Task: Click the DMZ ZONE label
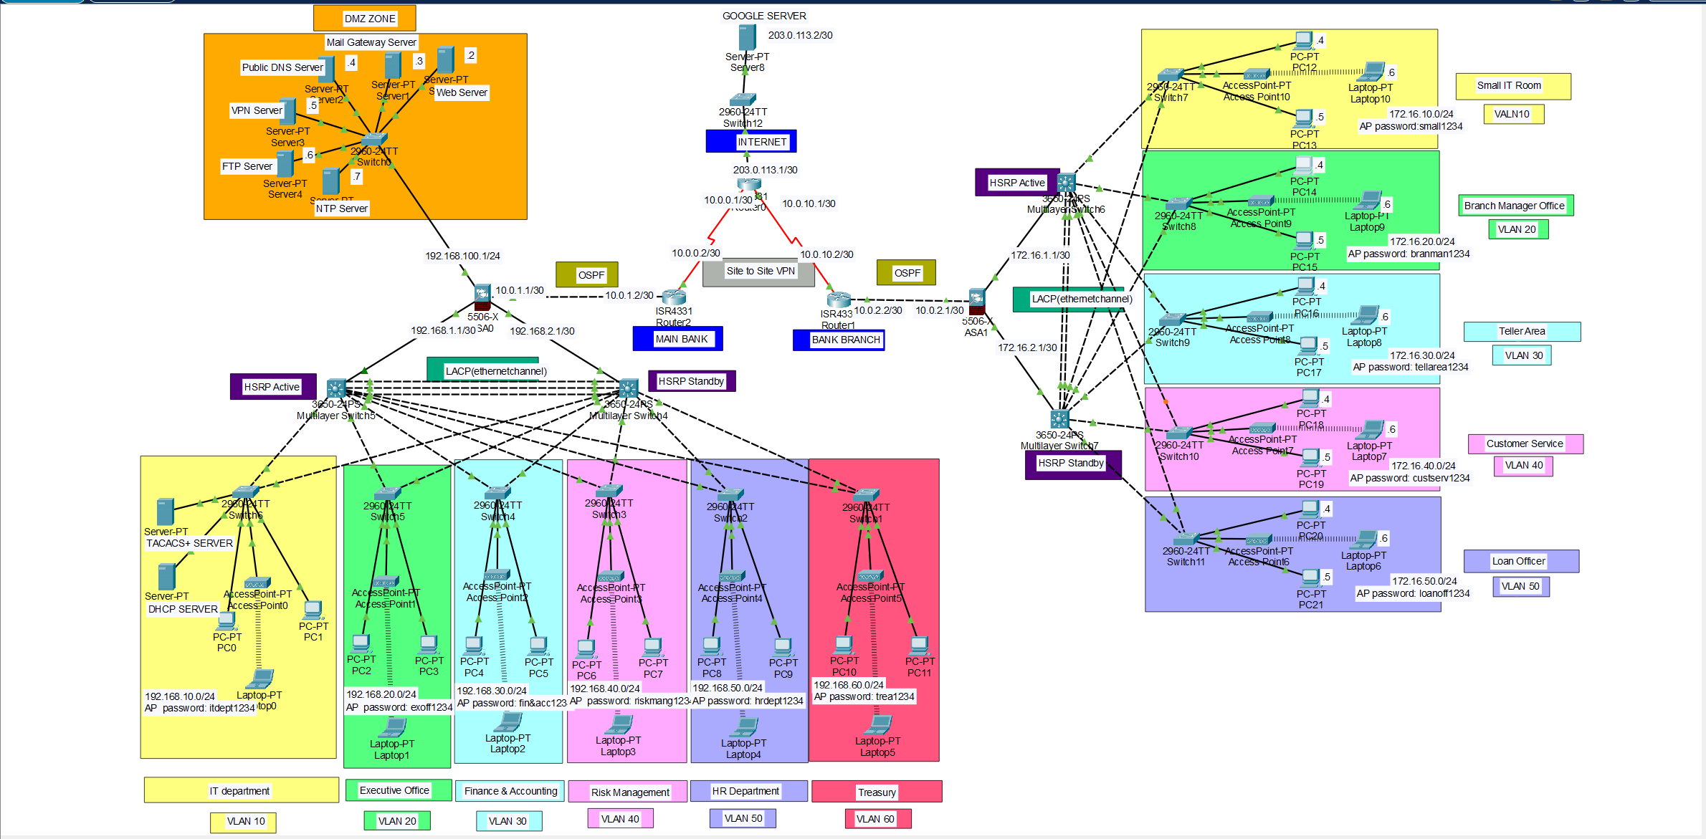(369, 19)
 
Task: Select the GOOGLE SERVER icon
(747, 37)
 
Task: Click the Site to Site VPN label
(760, 271)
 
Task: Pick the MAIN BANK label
(680, 339)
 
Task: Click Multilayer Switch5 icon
(336, 388)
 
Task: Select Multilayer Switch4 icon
(628, 388)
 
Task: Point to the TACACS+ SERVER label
(189, 543)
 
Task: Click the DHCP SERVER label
(182, 609)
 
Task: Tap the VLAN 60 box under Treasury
(875, 819)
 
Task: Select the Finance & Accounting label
(510, 791)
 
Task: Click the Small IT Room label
(1508, 85)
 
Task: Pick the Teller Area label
(1521, 331)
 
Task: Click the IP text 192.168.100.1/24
(462, 256)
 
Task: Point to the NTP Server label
(341, 208)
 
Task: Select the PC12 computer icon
(1304, 40)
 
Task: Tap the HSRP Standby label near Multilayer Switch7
(1070, 463)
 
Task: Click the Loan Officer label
(1518, 561)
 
